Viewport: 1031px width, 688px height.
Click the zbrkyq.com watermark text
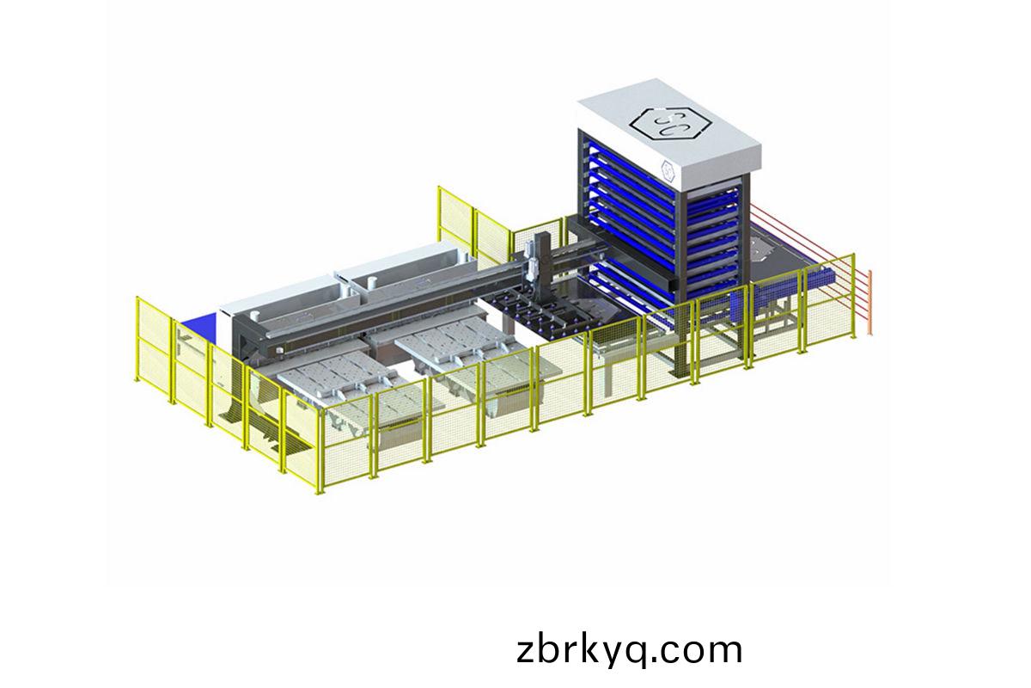(x=629, y=651)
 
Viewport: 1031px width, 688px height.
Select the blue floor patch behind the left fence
(x=200, y=325)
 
